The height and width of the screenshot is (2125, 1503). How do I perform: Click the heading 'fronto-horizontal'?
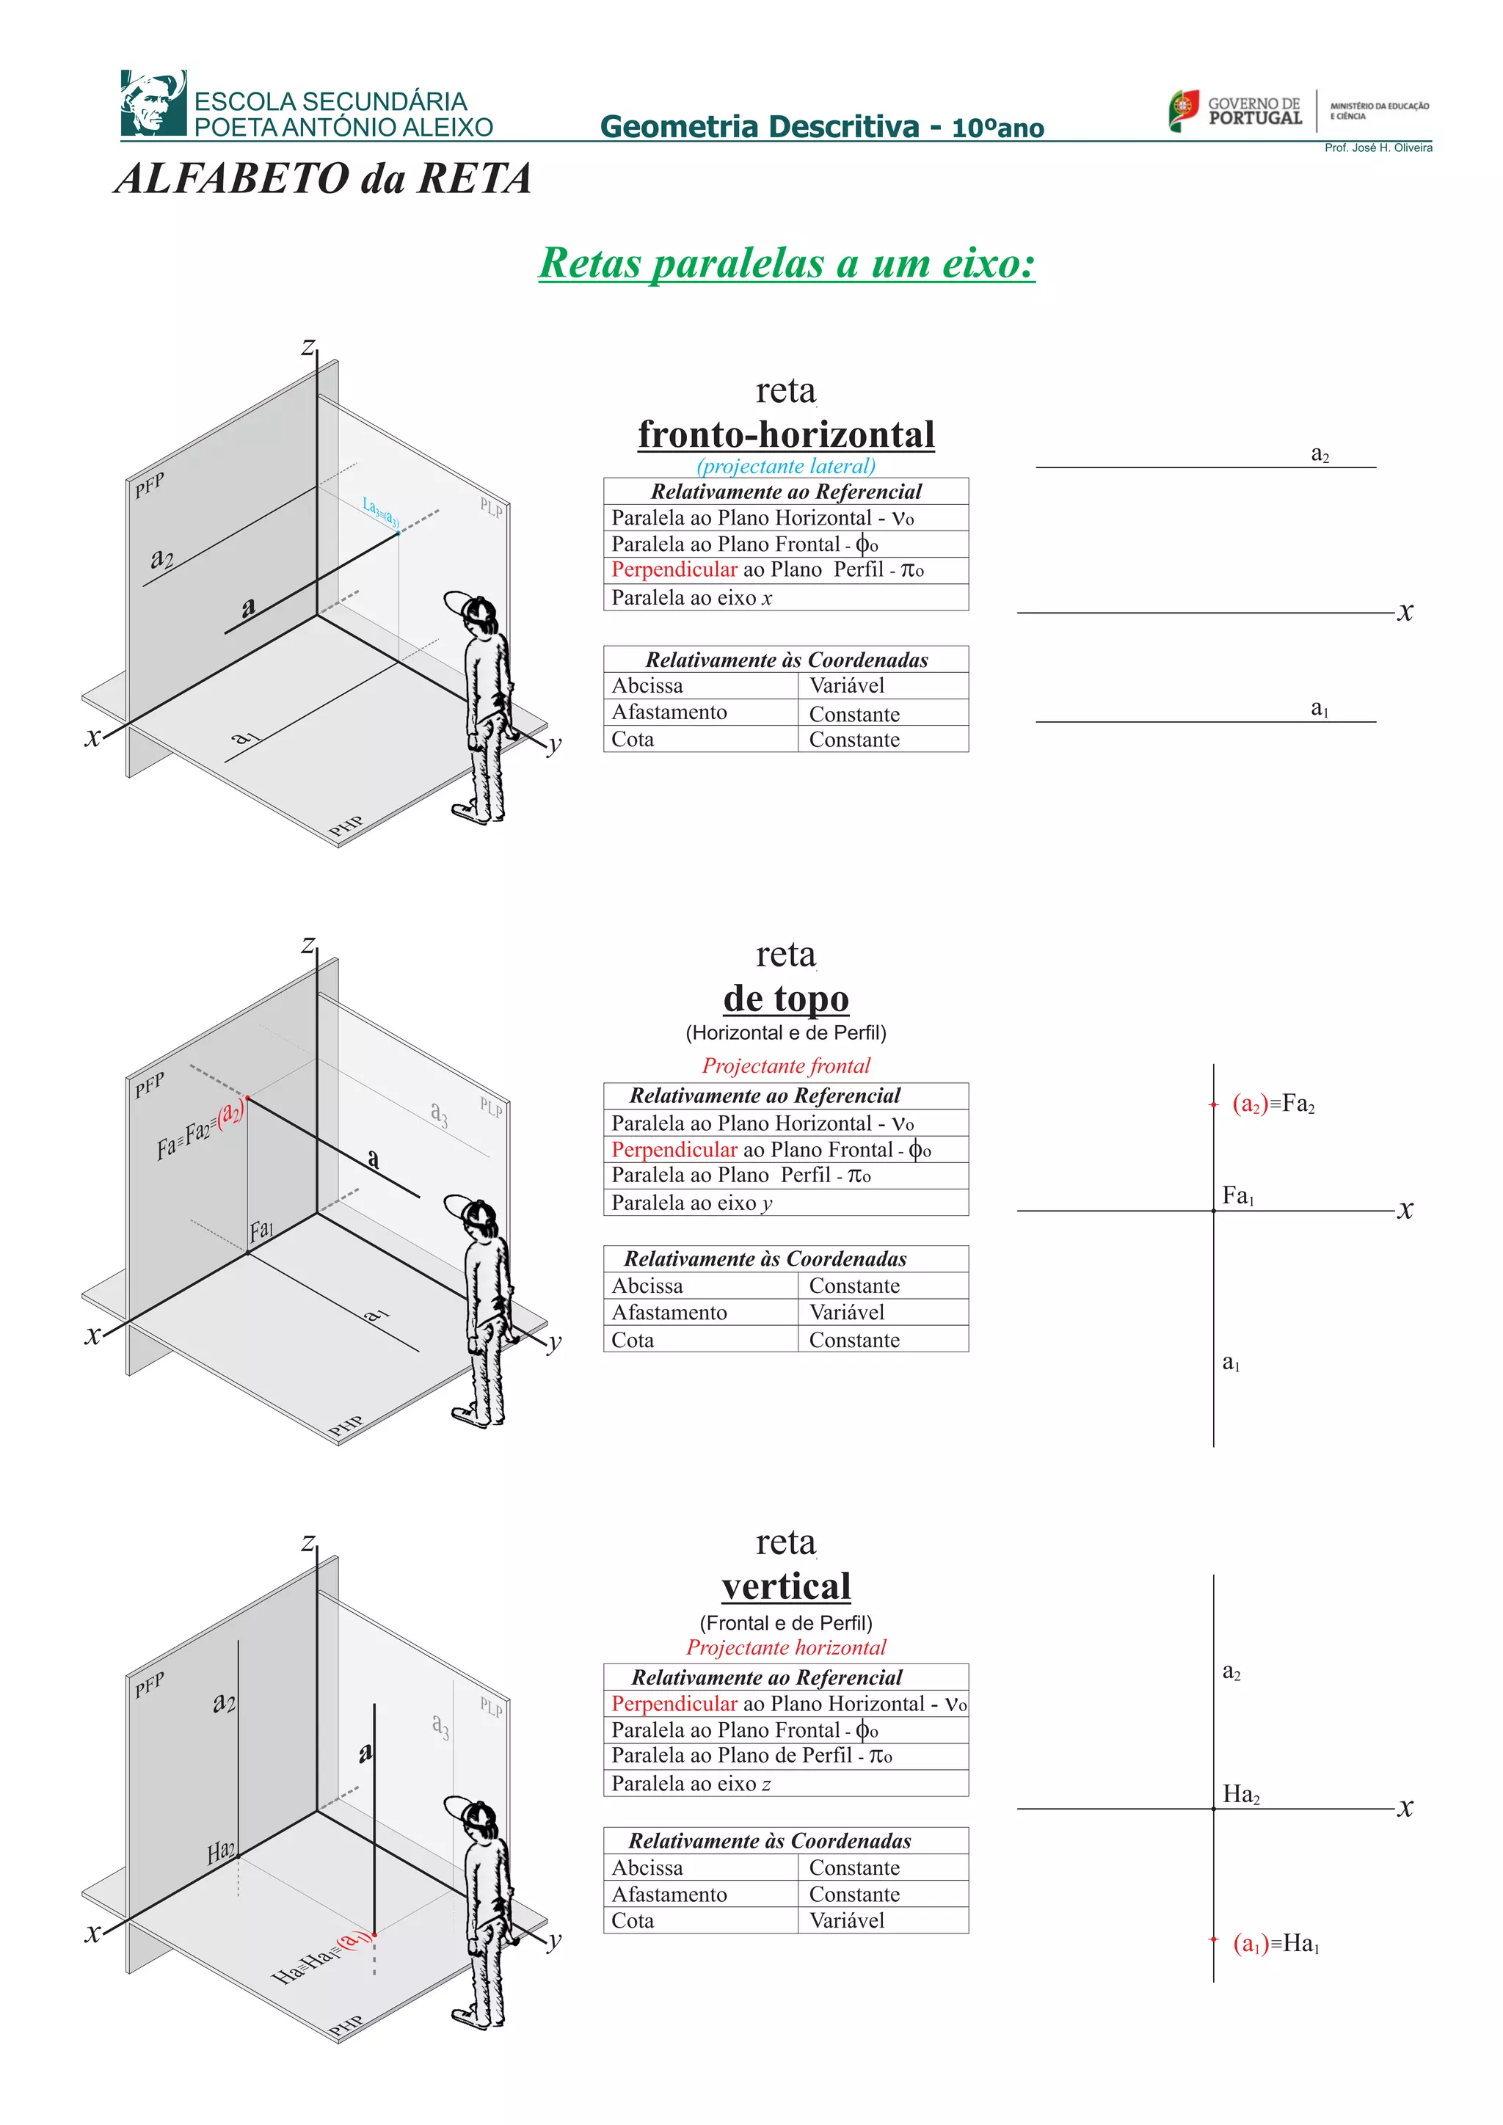coord(786,434)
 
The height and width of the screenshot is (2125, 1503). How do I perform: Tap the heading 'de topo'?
coord(786,999)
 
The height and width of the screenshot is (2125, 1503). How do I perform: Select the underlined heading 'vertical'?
coord(786,1586)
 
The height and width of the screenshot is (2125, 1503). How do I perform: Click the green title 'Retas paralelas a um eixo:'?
coord(787,263)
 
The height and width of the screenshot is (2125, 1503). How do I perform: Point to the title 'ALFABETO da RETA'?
coord(323,178)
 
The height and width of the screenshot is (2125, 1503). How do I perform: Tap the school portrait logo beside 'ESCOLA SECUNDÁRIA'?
coord(153,103)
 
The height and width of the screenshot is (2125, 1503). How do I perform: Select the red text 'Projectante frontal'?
coord(786,1065)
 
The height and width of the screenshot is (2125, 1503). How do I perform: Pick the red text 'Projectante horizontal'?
coord(786,1647)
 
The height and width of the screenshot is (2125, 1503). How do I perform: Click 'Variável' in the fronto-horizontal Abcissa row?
coord(846,686)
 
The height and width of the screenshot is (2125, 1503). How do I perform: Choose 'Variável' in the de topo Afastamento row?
coord(846,1313)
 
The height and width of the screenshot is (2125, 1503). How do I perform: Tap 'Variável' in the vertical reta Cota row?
coord(846,1920)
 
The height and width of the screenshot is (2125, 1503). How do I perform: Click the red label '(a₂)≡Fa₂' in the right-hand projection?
coord(1273,1103)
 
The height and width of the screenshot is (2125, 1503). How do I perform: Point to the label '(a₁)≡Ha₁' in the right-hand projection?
coord(1275,1943)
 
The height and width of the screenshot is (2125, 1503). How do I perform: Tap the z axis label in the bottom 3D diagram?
coord(308,1543)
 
